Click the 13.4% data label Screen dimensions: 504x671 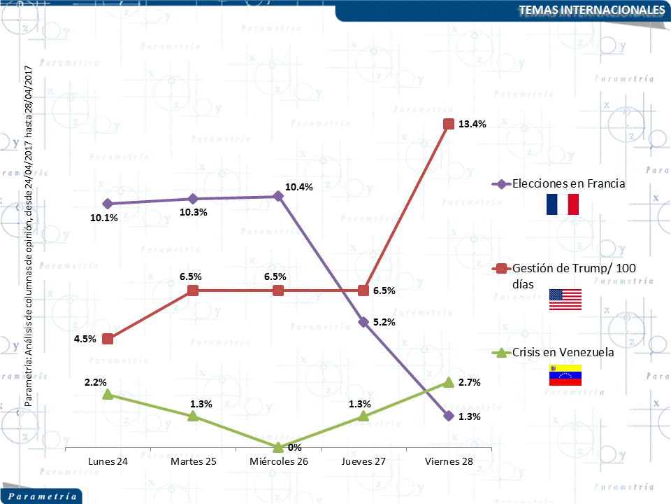tap(472, 124)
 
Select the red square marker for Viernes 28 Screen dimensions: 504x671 tap(449, 124)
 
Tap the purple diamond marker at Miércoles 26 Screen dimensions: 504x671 tap(278, 196)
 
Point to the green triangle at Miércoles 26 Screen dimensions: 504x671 tap(278, 447)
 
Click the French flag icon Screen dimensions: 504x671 tap(563, 204)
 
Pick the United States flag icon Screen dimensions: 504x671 tap(565, 299)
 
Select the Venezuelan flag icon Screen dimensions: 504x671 tap(565, 375)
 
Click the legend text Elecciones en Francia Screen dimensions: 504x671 tap(568, 184)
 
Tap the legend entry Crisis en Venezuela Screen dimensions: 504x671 tap(563, 352)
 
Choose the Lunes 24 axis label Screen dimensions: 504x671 tap(108, 461)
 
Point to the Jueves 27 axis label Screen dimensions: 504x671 tap(363, 461)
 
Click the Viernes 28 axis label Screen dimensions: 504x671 tap(449, 461)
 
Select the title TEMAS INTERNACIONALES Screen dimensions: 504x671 tap(591, 10)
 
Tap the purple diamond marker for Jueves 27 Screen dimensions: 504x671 tap(363, 322)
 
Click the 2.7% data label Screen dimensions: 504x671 tap(470, 382)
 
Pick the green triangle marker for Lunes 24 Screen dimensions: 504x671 tap(108, 395)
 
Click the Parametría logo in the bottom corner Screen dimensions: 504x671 tap(42, 496)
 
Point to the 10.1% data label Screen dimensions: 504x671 tap(104, 218)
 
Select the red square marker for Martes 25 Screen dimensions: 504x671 tap(194, 290)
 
